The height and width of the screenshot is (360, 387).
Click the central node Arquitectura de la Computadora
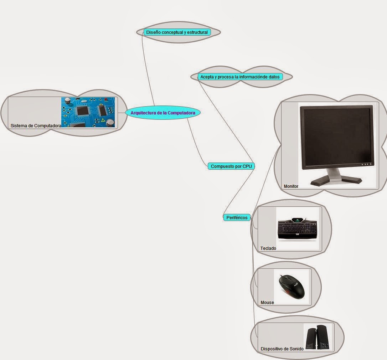163,113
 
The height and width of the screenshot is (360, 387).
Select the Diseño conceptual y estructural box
177,32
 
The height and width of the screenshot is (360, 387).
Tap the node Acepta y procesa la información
240,77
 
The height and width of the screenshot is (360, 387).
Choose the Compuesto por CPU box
231,166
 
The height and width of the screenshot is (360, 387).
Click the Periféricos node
237,217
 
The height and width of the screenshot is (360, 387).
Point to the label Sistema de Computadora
36,125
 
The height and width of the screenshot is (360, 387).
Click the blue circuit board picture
88,112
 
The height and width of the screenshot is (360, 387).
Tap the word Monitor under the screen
291,186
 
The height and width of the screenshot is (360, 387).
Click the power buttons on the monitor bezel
366,164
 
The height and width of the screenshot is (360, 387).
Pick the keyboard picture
297,230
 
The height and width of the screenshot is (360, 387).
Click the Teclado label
268,248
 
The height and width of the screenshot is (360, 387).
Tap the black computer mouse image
292,287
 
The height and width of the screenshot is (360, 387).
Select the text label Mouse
267,302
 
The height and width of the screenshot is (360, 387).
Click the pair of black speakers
317,337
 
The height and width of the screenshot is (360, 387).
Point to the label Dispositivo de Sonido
282,349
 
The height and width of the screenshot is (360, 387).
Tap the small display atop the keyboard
296,220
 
